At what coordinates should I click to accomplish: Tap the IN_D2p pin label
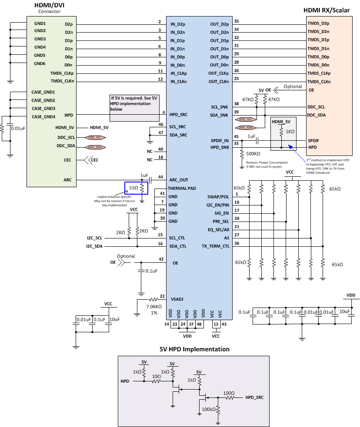tap(178, 24)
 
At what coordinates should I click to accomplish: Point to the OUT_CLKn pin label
tap(218, 82)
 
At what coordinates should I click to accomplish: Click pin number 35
tap(236, 21)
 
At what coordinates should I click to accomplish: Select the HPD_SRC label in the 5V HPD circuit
tap(254, 397)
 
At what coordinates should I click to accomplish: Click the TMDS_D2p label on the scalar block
tap(319, 24)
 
